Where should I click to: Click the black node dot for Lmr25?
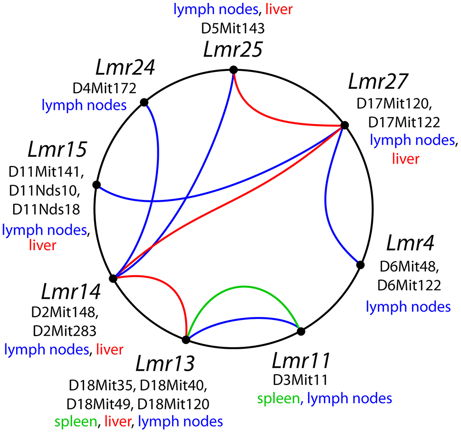click(234, 70)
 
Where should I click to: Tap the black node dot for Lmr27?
click(344, 125)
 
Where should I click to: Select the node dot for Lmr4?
click(360, 265)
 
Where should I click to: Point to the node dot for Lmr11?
click(301, 332)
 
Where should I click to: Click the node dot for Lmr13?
click(186, 339)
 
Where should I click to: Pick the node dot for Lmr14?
click(113, 278)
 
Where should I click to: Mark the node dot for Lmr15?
click(97, 185)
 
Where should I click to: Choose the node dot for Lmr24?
click(144, 102)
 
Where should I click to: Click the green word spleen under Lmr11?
click(276, 398)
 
